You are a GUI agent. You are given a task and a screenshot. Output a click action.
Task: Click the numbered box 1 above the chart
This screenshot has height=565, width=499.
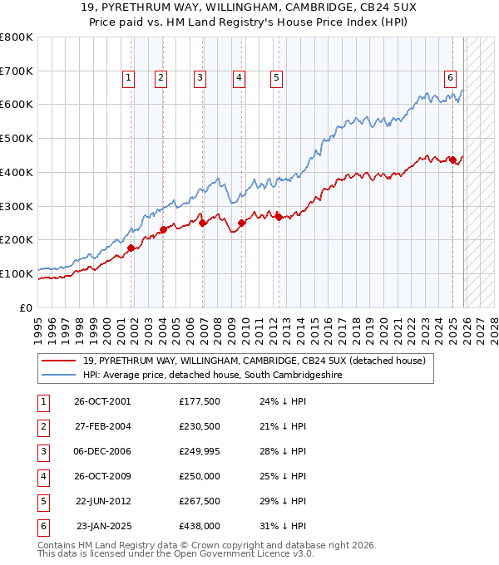tap(129, 78)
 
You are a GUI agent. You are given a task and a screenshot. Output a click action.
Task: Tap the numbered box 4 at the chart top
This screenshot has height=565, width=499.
tap(239, 78)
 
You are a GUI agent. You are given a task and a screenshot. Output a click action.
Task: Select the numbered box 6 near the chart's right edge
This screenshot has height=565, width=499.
tap(450, 78)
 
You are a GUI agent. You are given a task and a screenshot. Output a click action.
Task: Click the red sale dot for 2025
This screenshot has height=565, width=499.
tap(452, 160)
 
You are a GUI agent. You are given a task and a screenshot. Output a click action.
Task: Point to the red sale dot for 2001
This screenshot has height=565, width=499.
tap(131, 248)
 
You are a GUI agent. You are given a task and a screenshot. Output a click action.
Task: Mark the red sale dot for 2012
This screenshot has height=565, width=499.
tap(279, 217)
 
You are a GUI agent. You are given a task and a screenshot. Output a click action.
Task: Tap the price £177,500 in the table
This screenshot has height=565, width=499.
tap(198, 401)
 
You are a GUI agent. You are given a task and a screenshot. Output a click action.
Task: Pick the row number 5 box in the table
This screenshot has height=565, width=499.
tap(43, 501)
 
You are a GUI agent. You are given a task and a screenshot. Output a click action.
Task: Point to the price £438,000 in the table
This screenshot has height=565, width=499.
tap(198, 526)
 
